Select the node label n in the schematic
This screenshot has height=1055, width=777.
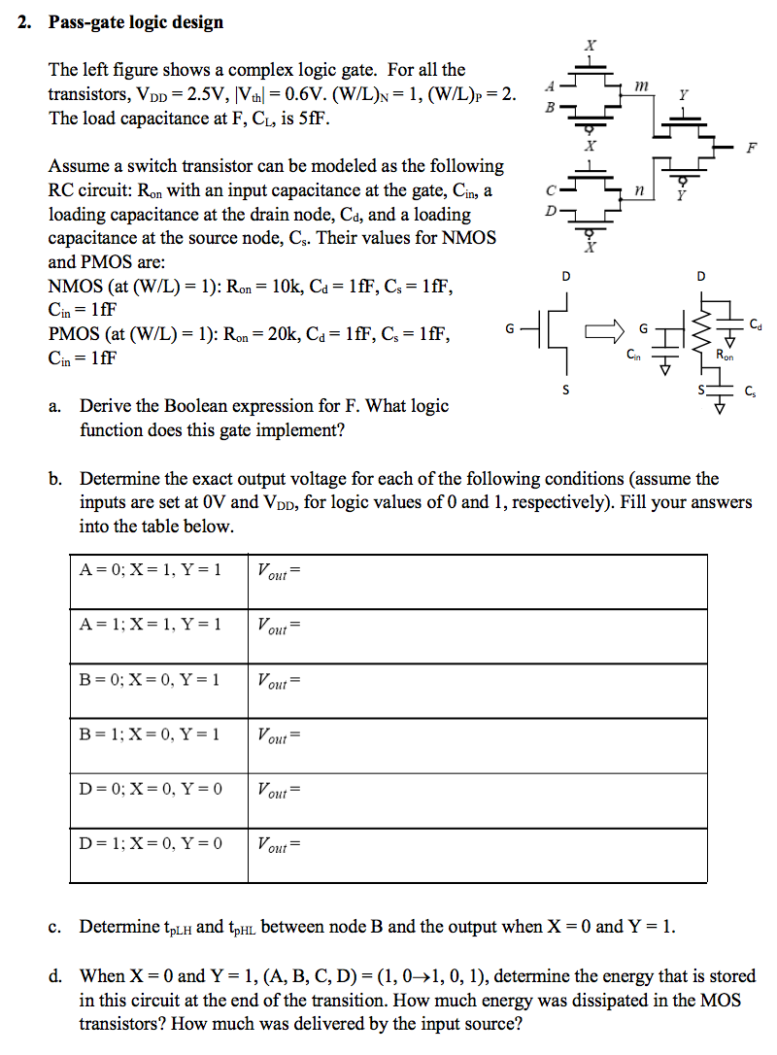click(637, 191)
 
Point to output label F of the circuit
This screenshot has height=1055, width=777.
click(750, 148)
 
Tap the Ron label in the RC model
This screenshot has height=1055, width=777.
click(725, 357)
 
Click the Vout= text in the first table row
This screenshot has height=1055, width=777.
click(280, 571)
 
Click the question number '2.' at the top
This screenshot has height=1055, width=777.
click(25, 21)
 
